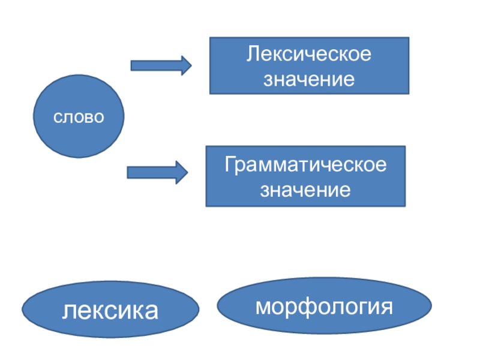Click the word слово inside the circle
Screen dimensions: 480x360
79,117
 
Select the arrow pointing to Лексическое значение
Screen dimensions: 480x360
161,65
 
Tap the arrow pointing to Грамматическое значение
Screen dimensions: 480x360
157,173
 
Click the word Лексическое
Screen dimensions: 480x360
309,54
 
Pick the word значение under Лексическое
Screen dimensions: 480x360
309,79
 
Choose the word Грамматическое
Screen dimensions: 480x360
305,164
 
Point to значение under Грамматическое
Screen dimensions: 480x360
305,190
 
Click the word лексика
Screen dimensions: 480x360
110,311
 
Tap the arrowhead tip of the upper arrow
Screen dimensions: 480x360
191,65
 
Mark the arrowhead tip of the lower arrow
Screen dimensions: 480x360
188,173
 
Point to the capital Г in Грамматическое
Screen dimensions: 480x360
230,164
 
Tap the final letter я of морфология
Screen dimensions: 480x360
386,307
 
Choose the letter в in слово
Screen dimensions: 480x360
88,118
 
